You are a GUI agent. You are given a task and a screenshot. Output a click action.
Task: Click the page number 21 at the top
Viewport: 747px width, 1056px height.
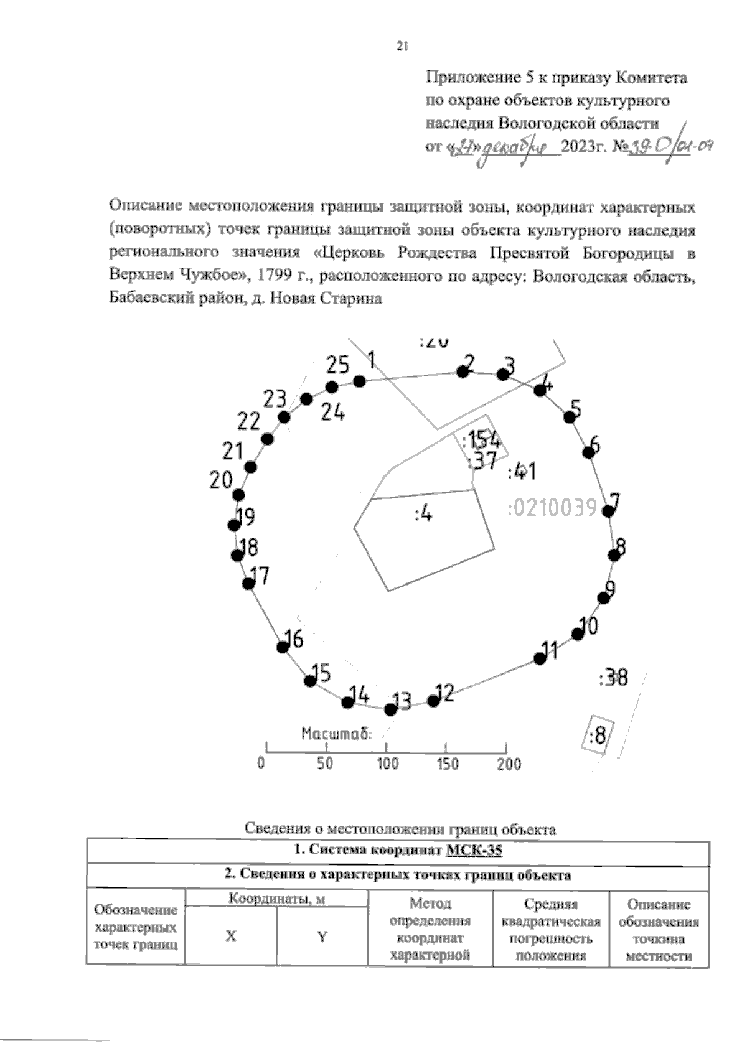pos(402,46)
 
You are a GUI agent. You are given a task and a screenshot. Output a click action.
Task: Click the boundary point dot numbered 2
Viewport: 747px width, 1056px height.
pos(463,371)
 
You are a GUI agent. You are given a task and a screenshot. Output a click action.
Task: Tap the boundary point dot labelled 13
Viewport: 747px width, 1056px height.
pos(390,709)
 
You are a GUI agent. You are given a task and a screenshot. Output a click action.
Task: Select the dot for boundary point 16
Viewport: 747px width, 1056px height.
pos(283,647)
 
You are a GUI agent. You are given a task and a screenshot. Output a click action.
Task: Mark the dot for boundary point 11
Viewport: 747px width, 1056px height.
pos(540,658)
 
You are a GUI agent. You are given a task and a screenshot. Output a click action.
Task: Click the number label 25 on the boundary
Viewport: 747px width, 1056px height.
pos(338,365)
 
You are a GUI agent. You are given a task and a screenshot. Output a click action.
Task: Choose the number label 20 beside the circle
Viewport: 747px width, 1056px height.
pos(220,480)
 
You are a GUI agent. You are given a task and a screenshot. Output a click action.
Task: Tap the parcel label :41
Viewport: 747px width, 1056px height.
pos(522,472)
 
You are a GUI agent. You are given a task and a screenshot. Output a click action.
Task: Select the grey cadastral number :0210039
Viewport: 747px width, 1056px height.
pos(552,508)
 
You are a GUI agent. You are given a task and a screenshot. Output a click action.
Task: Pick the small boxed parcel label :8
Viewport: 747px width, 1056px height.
pos(597,736)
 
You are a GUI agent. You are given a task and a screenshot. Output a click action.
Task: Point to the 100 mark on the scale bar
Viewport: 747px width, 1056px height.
pos(387,764)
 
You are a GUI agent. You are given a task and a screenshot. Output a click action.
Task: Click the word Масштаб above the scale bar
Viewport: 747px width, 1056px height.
pos(336,734)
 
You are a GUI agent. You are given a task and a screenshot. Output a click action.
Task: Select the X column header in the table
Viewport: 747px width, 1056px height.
pos(231,937)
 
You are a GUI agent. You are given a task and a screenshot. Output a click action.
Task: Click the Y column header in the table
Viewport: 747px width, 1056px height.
pos(322,937)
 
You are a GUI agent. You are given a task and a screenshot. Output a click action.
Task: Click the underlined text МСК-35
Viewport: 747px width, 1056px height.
pos(474,851)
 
